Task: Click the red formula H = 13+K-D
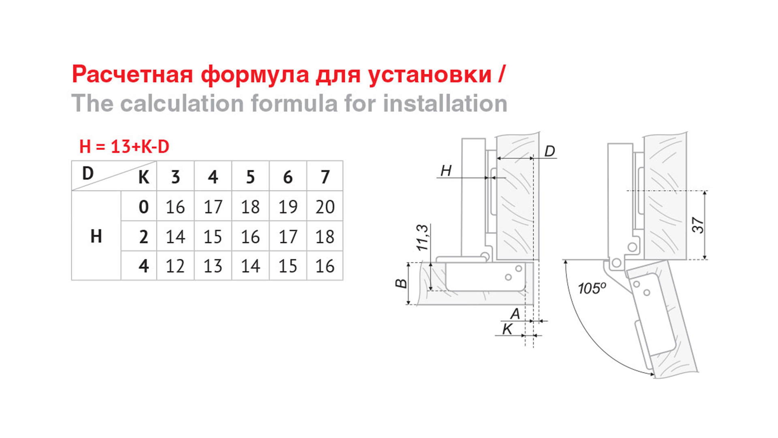tap(124, 146)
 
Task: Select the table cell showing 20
tap(325, 207)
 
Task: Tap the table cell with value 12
tap(175, 266)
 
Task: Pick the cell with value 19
tap(288, 207)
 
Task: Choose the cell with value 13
tap(213, 266)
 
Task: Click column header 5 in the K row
tap(250, 177)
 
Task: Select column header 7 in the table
tap(325, 177)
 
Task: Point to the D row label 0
tap(143, 207)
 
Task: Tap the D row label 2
tap(143, 236)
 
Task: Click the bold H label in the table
tap(96, 236)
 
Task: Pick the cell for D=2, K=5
tap(250, 236)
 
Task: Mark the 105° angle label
tap(592, 288)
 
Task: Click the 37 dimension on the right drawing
tap(698, 225)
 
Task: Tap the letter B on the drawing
tap(401, 283)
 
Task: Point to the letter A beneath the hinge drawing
tap(515, 313)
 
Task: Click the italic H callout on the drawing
tap(446, 171)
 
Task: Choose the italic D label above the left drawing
tap(549, 151)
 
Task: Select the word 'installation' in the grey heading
tap(445, 103)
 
